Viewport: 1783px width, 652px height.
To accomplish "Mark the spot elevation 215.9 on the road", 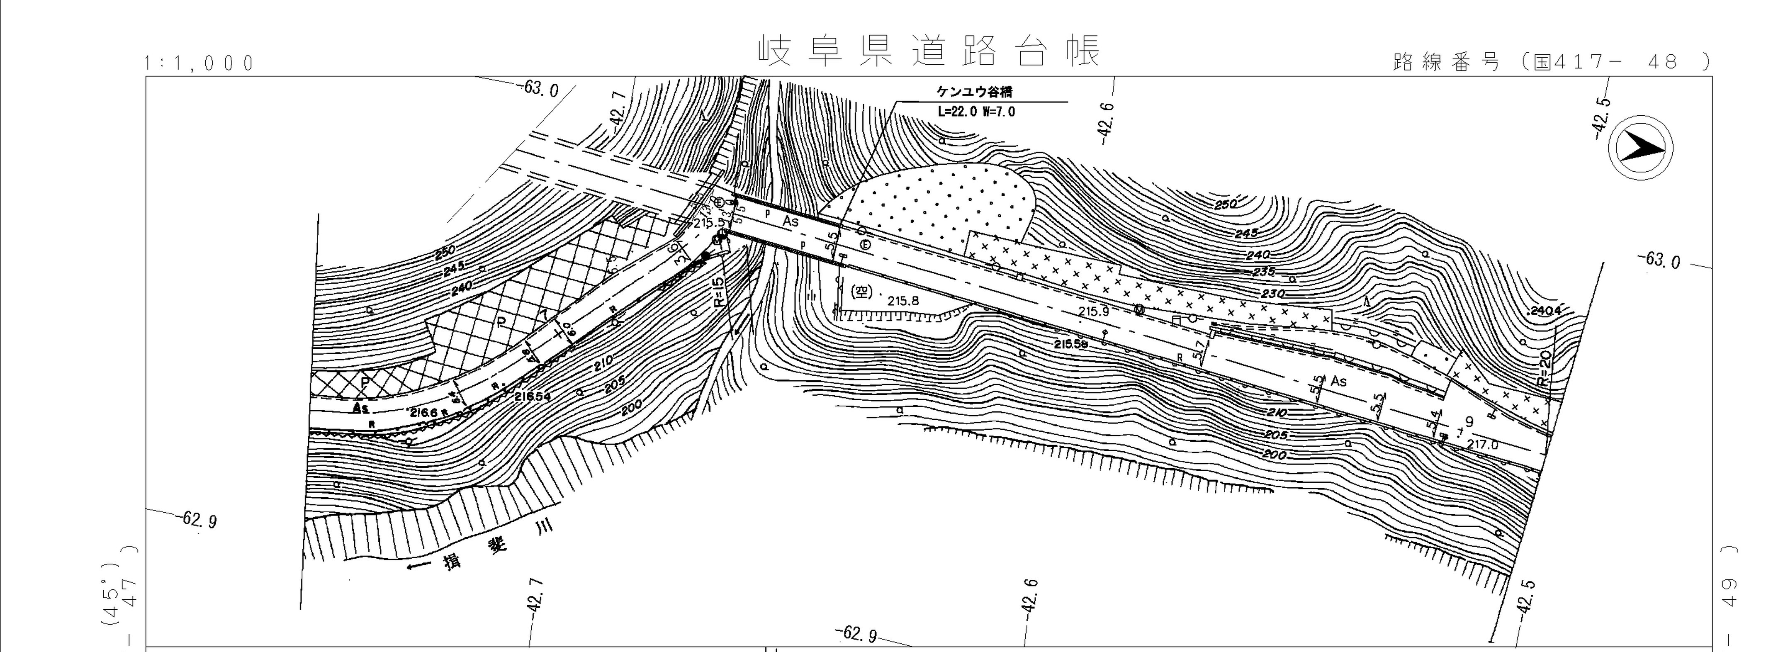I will (x=1094, y=311).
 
